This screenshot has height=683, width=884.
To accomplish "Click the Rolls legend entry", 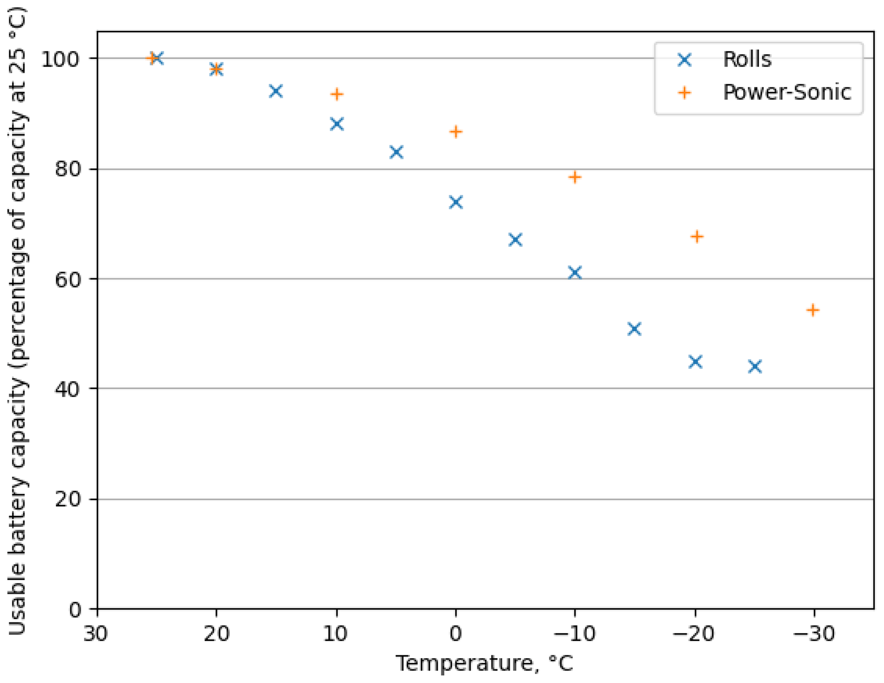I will tap(746, 59).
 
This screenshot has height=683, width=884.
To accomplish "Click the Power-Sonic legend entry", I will tap(786, 92).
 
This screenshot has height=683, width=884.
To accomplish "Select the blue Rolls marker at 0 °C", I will tap(456, 202).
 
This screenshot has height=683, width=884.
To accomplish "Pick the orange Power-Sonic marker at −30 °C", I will tap(813, 310).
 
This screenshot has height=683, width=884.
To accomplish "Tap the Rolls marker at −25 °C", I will tap(755, 366).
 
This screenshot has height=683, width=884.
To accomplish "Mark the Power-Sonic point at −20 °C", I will tap(697, 236).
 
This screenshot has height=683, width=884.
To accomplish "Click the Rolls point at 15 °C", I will tap(276, 91).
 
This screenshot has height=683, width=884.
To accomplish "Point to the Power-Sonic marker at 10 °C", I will tap(337, 94).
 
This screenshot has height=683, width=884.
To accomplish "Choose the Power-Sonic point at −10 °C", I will tap(575, 177).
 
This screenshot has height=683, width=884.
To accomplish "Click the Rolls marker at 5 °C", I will tap(396, 152).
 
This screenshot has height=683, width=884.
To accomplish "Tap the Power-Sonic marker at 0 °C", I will tap(456, 132).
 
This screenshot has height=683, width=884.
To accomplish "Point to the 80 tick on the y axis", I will tap(68, 170).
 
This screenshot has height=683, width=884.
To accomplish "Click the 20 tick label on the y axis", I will tap(68, 499).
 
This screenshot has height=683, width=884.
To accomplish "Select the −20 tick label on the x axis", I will tap(693, 634).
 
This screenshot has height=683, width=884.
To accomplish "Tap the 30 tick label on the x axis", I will tap(96, 634).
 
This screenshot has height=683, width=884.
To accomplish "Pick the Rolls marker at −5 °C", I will tap(515, 240).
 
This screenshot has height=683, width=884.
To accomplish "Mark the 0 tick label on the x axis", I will tap(456, 634).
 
